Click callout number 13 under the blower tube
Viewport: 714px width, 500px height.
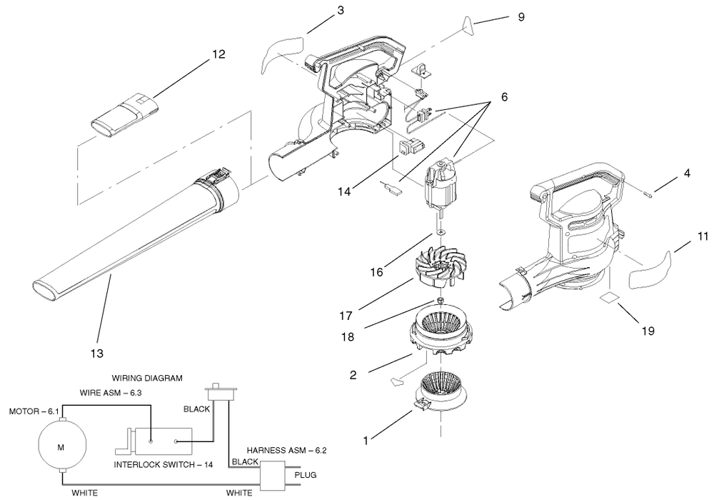[x=97, y=354]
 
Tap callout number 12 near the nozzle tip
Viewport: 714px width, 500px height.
[x=218, y=54]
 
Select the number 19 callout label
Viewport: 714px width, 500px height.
[x=648, y=331]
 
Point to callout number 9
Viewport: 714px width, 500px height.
[x=521, y=17]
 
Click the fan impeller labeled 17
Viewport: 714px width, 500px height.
[x=436, y=271]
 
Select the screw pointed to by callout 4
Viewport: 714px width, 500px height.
[x=649, y=195]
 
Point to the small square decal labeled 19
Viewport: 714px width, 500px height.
[x=610, y=298]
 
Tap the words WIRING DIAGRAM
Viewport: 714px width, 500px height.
[x=147, y=378]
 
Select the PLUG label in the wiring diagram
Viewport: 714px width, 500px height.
[x=305, y=475]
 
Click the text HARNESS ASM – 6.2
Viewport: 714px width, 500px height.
[x=286, y=451]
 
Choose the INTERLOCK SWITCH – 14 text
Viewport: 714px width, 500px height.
[x=164, y=465]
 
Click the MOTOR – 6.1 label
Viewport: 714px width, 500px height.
[x=34, y=411]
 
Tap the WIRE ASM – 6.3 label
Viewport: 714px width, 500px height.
[x=111, y=393]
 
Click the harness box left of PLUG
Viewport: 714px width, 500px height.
[x=272, y=476]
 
